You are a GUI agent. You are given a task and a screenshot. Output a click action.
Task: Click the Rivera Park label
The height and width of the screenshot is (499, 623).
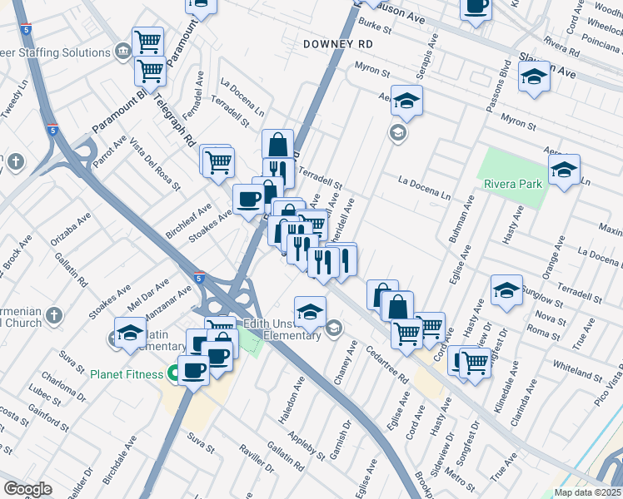click(x=511, y=184)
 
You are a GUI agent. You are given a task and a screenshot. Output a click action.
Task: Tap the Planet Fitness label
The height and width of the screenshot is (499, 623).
click(x=127, y=374)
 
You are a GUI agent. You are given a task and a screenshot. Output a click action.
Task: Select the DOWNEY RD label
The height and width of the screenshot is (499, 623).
click(x=336, y=43)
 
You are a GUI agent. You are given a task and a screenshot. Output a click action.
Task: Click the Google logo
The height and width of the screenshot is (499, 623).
click(x=27, y=489)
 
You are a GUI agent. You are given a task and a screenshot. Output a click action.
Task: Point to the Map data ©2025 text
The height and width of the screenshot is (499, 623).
click(x=587, y=492)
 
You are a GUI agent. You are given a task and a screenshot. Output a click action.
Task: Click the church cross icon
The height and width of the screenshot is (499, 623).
click(x=54, y=315)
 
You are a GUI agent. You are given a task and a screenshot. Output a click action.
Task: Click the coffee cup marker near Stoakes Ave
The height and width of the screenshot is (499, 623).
click(x=247, y=199)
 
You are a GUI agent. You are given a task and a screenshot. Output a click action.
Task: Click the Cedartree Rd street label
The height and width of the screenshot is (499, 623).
click(x=391, y=366)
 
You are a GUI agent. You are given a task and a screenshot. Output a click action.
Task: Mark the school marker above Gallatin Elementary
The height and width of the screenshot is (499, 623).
click(x=129, y=333)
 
